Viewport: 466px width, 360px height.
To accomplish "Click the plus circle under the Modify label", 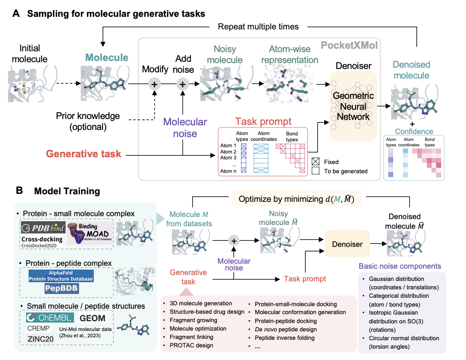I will [x=154, y=84].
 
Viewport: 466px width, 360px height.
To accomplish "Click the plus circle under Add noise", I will [x=183, y=84].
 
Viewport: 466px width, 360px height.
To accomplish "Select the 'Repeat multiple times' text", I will [x=258, y=26].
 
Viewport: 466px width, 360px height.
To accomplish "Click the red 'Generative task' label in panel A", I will [x=84, y=154].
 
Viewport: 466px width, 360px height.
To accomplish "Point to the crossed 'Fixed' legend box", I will [x=317, y=161].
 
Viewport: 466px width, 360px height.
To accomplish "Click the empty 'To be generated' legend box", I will [x=317, y=171].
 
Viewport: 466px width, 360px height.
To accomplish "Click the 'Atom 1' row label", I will [x=228, y=146].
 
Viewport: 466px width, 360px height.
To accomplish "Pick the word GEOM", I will [x=93, y=318].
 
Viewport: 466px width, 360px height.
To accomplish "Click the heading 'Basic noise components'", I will [x=399, y=266].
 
